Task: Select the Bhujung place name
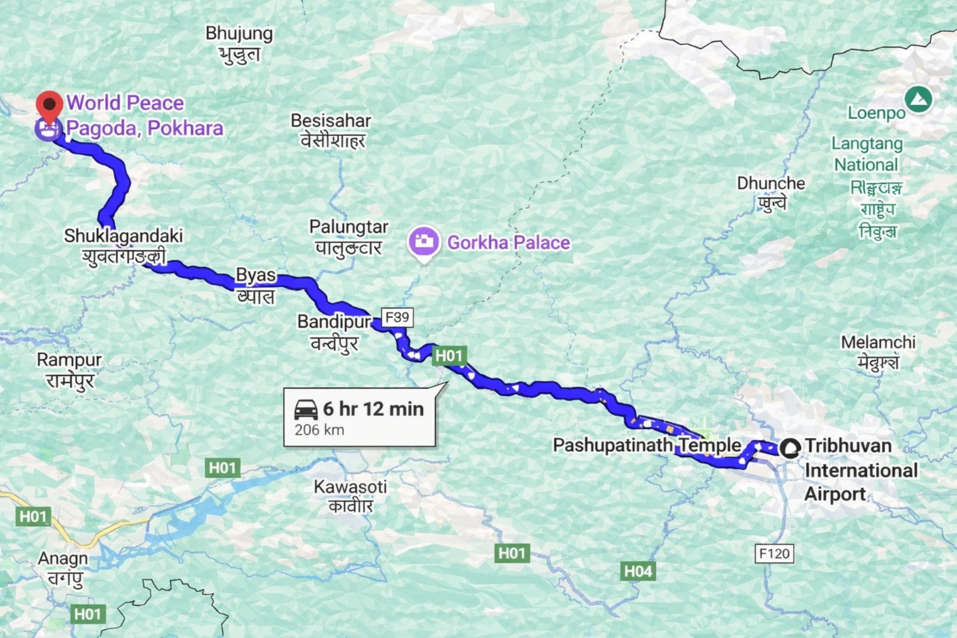coord(239,34)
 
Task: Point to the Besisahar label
coord(331,121)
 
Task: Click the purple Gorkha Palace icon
coord(424,242)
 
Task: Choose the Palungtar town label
coord(349,227)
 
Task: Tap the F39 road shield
coord(397,317)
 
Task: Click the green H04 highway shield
coord(638,571)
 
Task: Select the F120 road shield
coord(774,554)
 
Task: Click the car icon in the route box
coord(306,410)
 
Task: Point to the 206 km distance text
coord(319,430)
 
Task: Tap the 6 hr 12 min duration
coord(373,409)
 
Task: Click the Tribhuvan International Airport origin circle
coord(790,448)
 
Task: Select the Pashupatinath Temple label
coord(647,445)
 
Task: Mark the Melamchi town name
coord(877,342)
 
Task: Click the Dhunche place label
coord(770,183)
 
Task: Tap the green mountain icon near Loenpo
coord(918,99)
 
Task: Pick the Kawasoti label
coord(350,487)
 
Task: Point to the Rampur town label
coord(69,360)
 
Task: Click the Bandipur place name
coord(334,322)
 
